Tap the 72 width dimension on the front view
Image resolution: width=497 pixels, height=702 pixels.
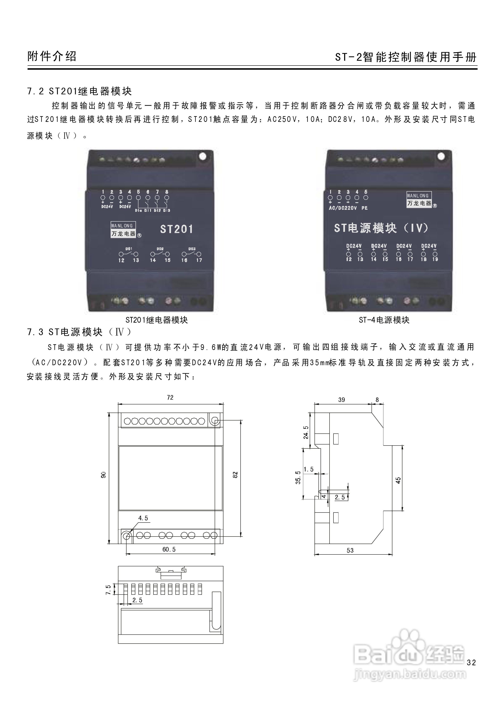170,398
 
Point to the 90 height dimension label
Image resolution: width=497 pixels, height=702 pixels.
103,475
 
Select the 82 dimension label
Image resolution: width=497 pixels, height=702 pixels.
235,475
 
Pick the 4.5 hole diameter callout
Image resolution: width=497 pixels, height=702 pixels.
143,518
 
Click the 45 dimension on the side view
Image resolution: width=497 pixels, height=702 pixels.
398,480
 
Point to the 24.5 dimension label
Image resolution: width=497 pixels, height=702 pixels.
306,432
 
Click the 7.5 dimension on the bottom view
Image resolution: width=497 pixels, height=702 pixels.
108,590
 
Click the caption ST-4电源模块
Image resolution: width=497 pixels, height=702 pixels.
384,320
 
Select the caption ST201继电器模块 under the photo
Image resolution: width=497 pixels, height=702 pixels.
156,320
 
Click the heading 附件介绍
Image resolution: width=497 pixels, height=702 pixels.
52,56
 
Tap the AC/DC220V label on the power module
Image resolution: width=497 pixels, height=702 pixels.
343,208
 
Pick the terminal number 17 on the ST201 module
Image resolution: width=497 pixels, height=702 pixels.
199,260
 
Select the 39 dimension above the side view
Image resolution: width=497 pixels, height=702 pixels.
342,400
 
